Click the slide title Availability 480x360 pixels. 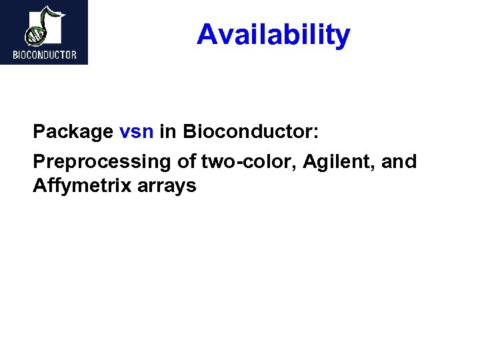(x=273, y=35)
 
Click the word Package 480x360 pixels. (x=73, y=132)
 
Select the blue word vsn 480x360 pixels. (x=137, y=132)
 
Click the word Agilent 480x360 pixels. (x=338, y=161)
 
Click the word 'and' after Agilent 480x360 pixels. (x=399, y=161)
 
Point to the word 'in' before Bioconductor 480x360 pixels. (x=168, y=132)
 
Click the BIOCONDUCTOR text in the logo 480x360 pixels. (x=44, y=55)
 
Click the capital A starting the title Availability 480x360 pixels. (x=206, y=35)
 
